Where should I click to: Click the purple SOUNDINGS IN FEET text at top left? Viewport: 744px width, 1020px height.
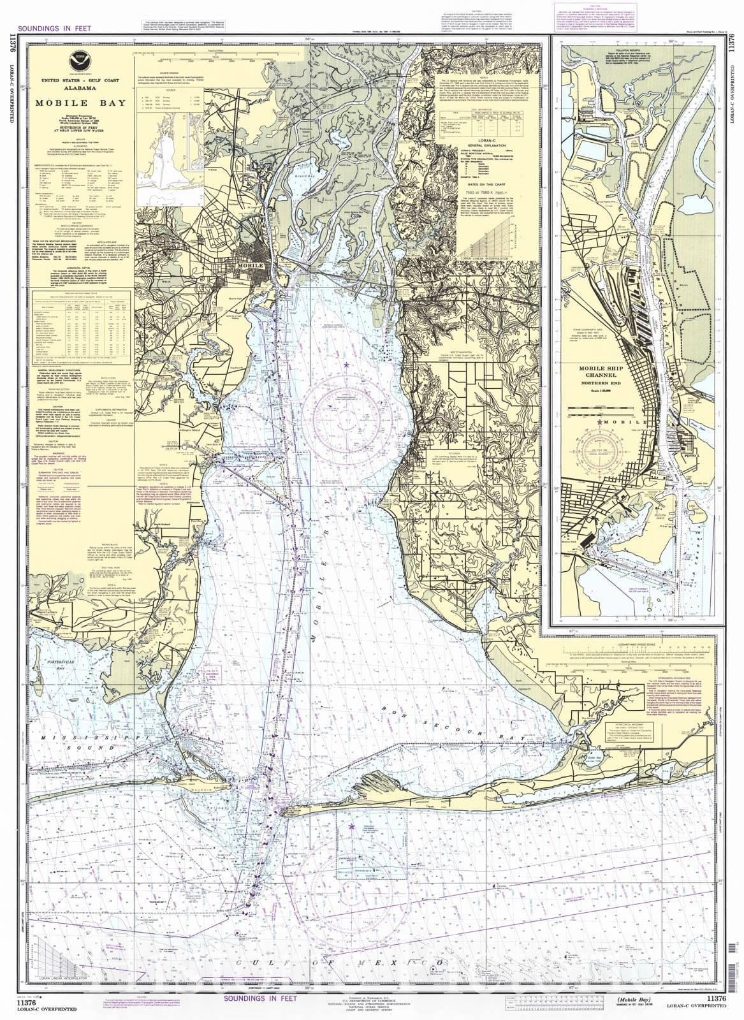[x=55, y=28]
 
